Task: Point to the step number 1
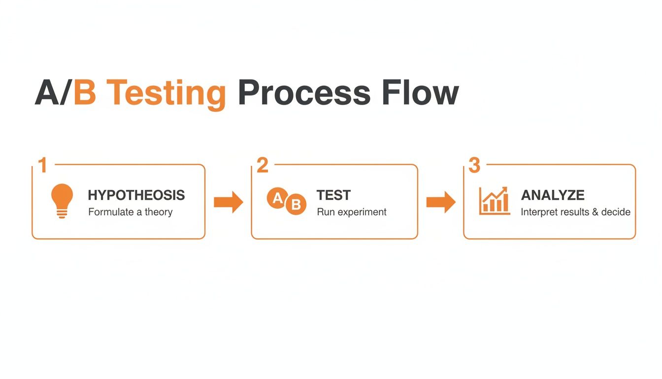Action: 43,166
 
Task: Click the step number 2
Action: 263,166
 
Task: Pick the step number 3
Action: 474,166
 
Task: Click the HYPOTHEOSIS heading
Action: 136,195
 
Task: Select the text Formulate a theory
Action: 130,212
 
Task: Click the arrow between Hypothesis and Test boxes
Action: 228,202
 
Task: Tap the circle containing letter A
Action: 277,198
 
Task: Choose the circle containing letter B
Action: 296,205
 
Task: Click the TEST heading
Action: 333,195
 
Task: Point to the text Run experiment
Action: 351,212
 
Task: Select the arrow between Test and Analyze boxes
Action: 440,202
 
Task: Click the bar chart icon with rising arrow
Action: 494,201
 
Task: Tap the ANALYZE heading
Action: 553,195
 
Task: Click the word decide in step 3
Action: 615,212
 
